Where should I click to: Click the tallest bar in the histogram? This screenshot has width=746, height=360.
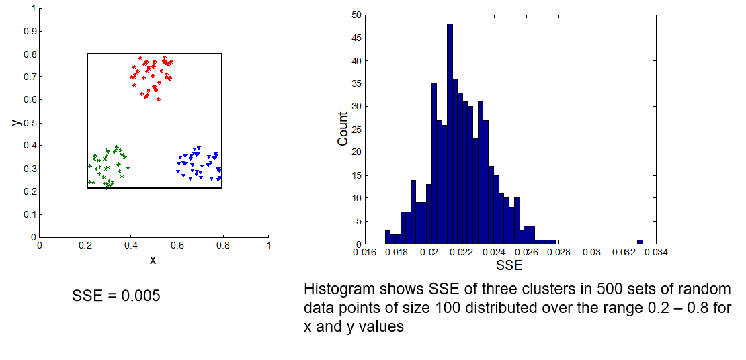pos(450,134)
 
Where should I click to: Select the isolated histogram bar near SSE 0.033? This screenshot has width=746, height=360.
pos(640,242)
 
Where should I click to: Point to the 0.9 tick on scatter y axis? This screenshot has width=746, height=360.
pos(30,31)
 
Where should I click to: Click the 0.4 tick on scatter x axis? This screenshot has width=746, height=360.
pos(130,246)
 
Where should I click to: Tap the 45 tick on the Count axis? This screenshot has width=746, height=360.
pos(356,38)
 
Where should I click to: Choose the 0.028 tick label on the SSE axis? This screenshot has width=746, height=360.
pos(558,253)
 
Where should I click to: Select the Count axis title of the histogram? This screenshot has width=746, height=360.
pos(343,129)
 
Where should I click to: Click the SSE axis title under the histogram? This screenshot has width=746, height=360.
pos(509,266)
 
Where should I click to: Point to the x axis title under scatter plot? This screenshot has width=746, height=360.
pos(153,260)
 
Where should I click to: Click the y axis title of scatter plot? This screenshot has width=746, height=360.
pos(14,122)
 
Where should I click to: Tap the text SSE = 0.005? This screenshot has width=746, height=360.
pos(116,296)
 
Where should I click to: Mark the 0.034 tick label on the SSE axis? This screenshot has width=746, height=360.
pos(657,253)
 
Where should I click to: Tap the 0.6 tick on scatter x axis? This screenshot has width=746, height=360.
pos(177,246)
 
